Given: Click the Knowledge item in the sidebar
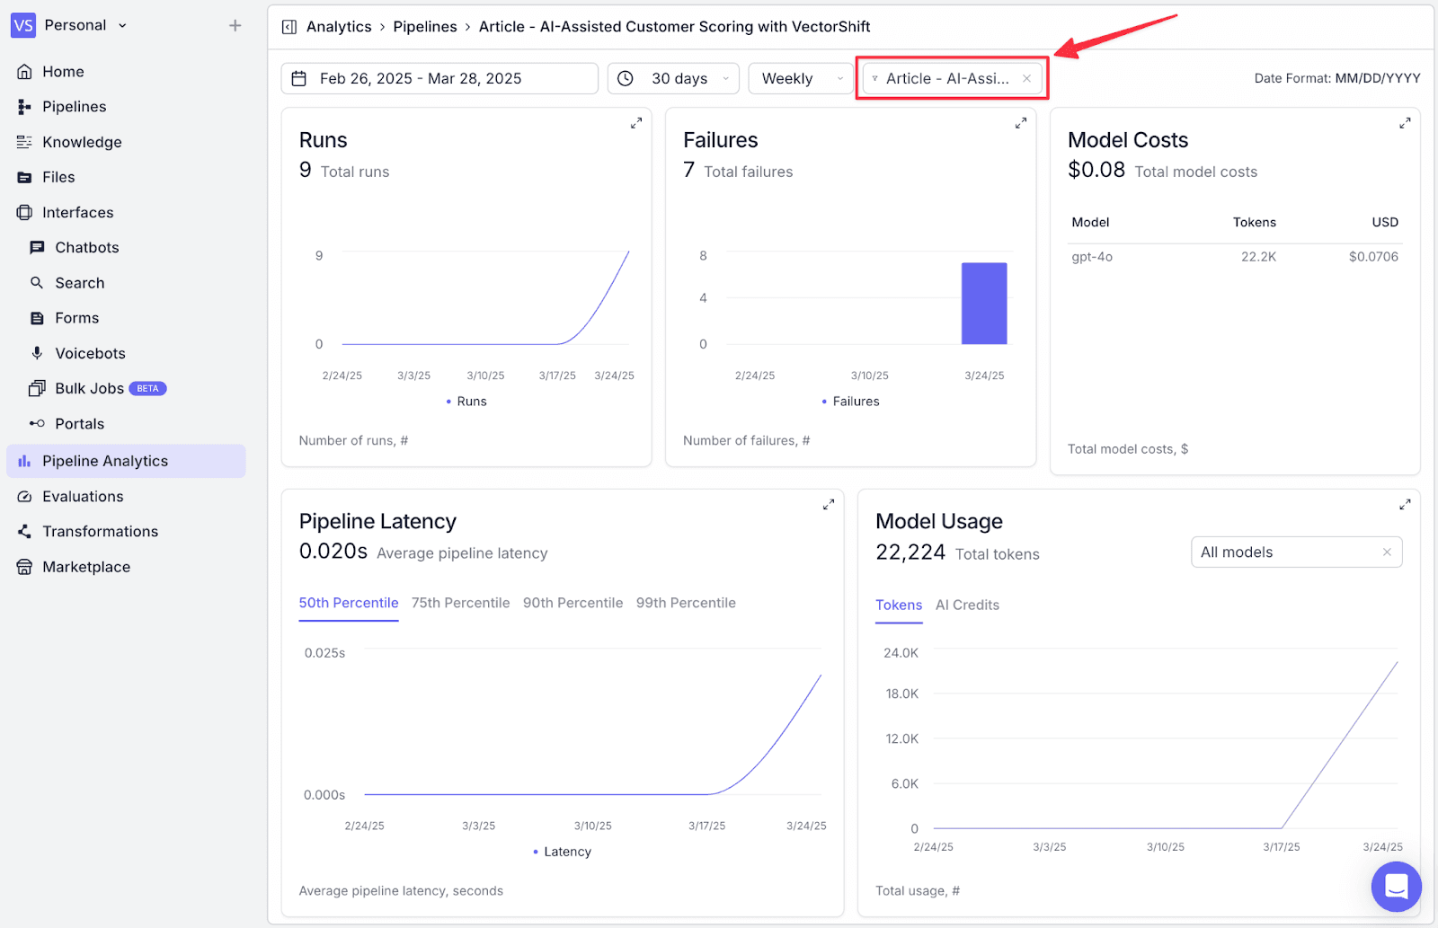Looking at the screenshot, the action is [82, 142].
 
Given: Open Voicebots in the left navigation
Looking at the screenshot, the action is [90, 353].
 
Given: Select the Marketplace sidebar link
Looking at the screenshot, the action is [86, 567].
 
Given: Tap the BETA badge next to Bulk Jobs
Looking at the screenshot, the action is [147, 388].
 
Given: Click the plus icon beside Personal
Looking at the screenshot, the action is [235, 25].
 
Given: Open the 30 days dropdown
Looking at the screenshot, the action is [673, 78].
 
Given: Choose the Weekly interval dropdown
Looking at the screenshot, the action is [801, 78].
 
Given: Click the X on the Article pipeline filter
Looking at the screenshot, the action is [1026, 78].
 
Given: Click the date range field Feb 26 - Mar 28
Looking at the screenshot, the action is [439, 78].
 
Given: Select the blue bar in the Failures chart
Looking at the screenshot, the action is [984, 304].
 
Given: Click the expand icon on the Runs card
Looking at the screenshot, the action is [636, 122].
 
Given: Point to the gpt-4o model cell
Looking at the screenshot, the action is [1092, 257].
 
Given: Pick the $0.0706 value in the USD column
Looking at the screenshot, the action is [1373, 257].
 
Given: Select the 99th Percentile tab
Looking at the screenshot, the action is [686, 603].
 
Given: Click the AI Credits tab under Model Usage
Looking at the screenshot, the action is [967, 605].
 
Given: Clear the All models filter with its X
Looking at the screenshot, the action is [1387, 552].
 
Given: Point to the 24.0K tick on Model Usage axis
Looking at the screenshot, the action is [901, 653].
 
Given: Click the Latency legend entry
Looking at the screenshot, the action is [562, 852].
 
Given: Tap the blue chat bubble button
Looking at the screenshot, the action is [1397, 887].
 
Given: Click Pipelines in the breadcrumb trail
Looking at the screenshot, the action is [425, 26].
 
